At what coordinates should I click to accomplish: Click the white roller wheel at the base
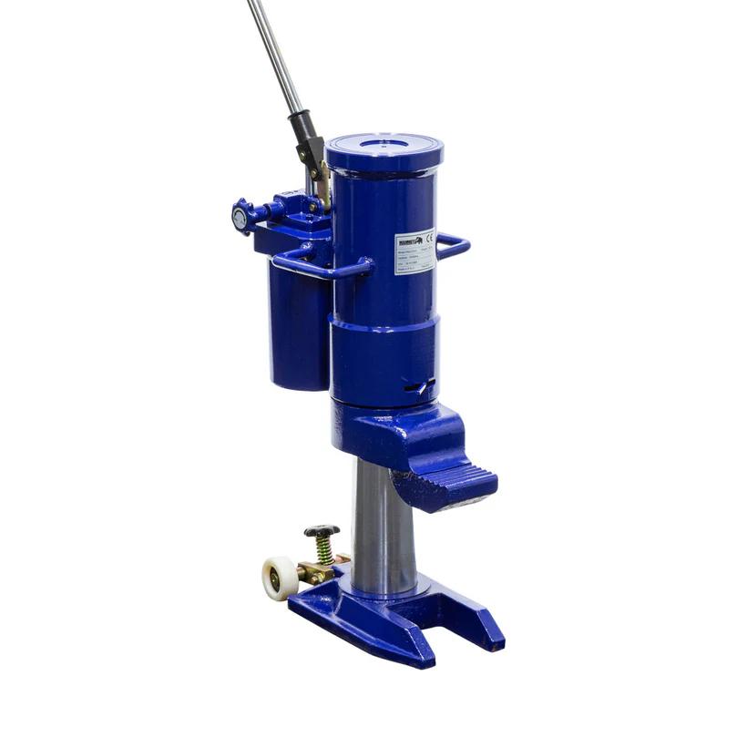(279, 578)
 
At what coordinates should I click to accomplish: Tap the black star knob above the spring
(322, 530)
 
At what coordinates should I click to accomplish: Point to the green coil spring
(323, 548)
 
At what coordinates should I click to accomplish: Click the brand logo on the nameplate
(408, 241)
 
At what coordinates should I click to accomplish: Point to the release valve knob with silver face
(240, 218)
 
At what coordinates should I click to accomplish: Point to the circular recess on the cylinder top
(384, 144)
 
